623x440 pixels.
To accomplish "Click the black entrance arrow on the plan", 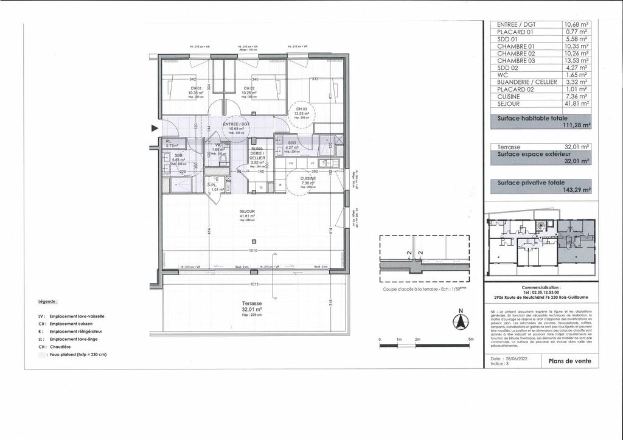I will [x=155, y=128].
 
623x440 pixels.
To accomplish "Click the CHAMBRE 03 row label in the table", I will [x=517, y=60].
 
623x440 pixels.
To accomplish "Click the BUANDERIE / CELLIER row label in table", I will [x=525, y=82].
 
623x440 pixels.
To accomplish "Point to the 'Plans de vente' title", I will [x=569, y=361].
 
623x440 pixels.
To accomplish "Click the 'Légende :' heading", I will [x=47, y=301].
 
